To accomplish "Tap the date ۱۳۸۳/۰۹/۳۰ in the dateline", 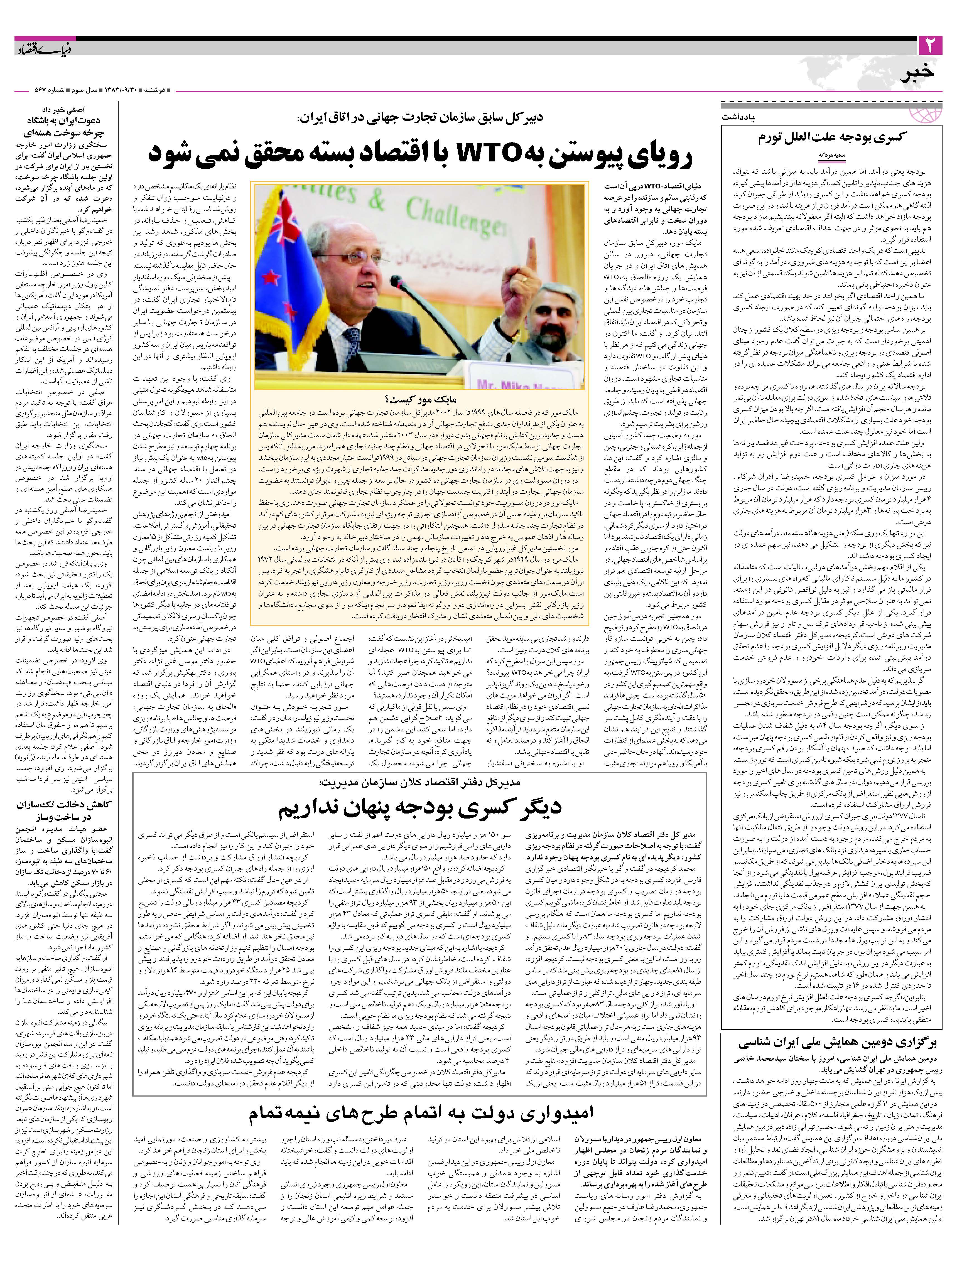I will [x=121, y=90].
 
